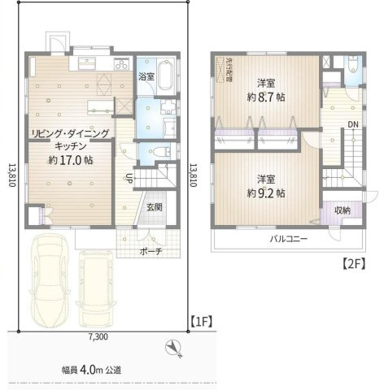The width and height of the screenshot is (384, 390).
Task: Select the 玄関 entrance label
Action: [x=155, y=206]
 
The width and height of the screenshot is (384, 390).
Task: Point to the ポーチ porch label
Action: [x=151, y=251]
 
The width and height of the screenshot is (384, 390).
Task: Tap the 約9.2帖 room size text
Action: [x=266, y=193]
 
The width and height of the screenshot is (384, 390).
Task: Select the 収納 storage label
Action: [x=342, y=209]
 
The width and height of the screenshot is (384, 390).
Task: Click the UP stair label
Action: [x=129, y=179]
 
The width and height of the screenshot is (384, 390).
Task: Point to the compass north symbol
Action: [x=172, y=349]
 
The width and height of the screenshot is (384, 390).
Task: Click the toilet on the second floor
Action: [x=351, y=67]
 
